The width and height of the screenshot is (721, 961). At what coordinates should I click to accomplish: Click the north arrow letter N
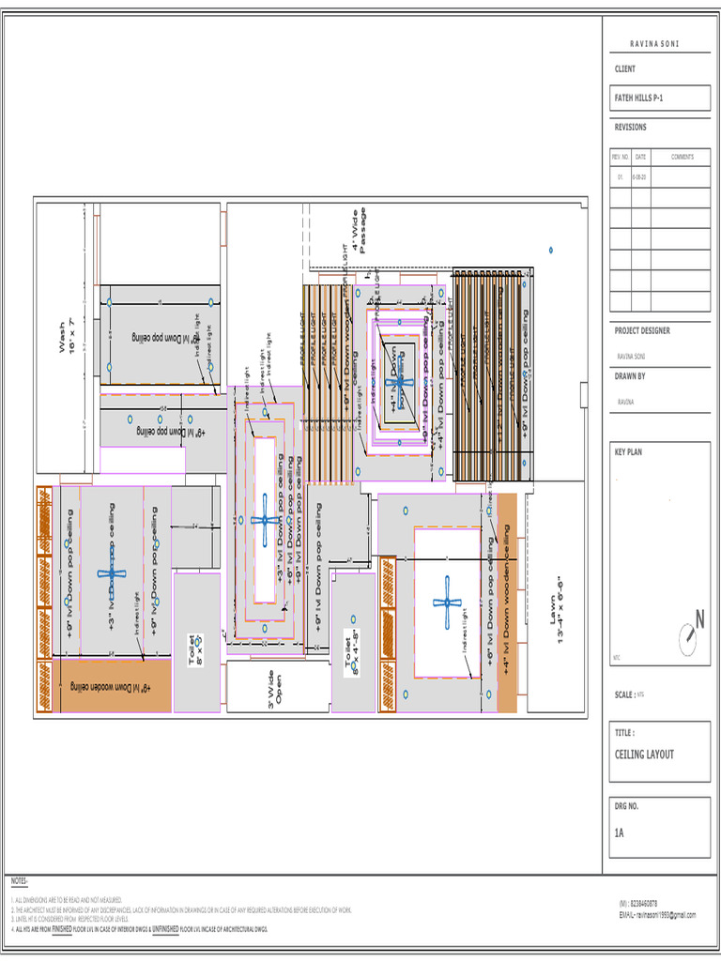[698, 620]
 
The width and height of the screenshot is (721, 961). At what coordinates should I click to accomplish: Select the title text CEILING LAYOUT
[644, 755]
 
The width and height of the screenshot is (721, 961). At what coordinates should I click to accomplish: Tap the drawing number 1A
[620, 831]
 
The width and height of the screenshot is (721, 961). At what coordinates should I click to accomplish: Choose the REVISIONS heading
[630, 127]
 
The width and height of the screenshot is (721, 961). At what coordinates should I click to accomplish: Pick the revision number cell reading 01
[620, 176]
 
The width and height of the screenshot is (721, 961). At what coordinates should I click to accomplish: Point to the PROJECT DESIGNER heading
[642, 330]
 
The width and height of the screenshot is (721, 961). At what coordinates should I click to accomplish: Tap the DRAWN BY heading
[631, 375]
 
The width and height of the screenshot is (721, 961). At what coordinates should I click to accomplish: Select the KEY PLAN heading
[628, 451]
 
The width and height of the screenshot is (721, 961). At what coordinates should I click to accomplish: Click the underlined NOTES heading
[20, 881]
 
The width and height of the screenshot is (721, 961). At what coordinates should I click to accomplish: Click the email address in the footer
[657, 914]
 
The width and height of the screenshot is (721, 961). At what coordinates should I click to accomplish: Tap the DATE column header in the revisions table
[640, 157]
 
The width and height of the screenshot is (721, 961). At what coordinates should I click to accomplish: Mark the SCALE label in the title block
[624, 694]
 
